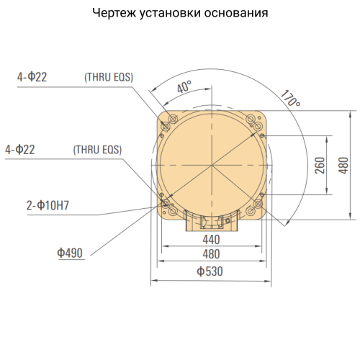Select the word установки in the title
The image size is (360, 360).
pos(176,14)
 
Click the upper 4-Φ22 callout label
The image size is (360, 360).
pos(32,77)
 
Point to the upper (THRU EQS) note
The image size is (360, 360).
pos(109,77)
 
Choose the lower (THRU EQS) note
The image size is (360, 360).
pos(97,150)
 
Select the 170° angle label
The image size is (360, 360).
pos(290,99)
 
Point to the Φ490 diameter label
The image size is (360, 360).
pos(71,253)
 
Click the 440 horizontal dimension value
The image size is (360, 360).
pos(210,239)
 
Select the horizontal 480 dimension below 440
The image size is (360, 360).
pos(210,254)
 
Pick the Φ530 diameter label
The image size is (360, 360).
pos(210,271)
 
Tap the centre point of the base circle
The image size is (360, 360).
pos(212,166)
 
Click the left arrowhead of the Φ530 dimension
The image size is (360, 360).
pos(153,279)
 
